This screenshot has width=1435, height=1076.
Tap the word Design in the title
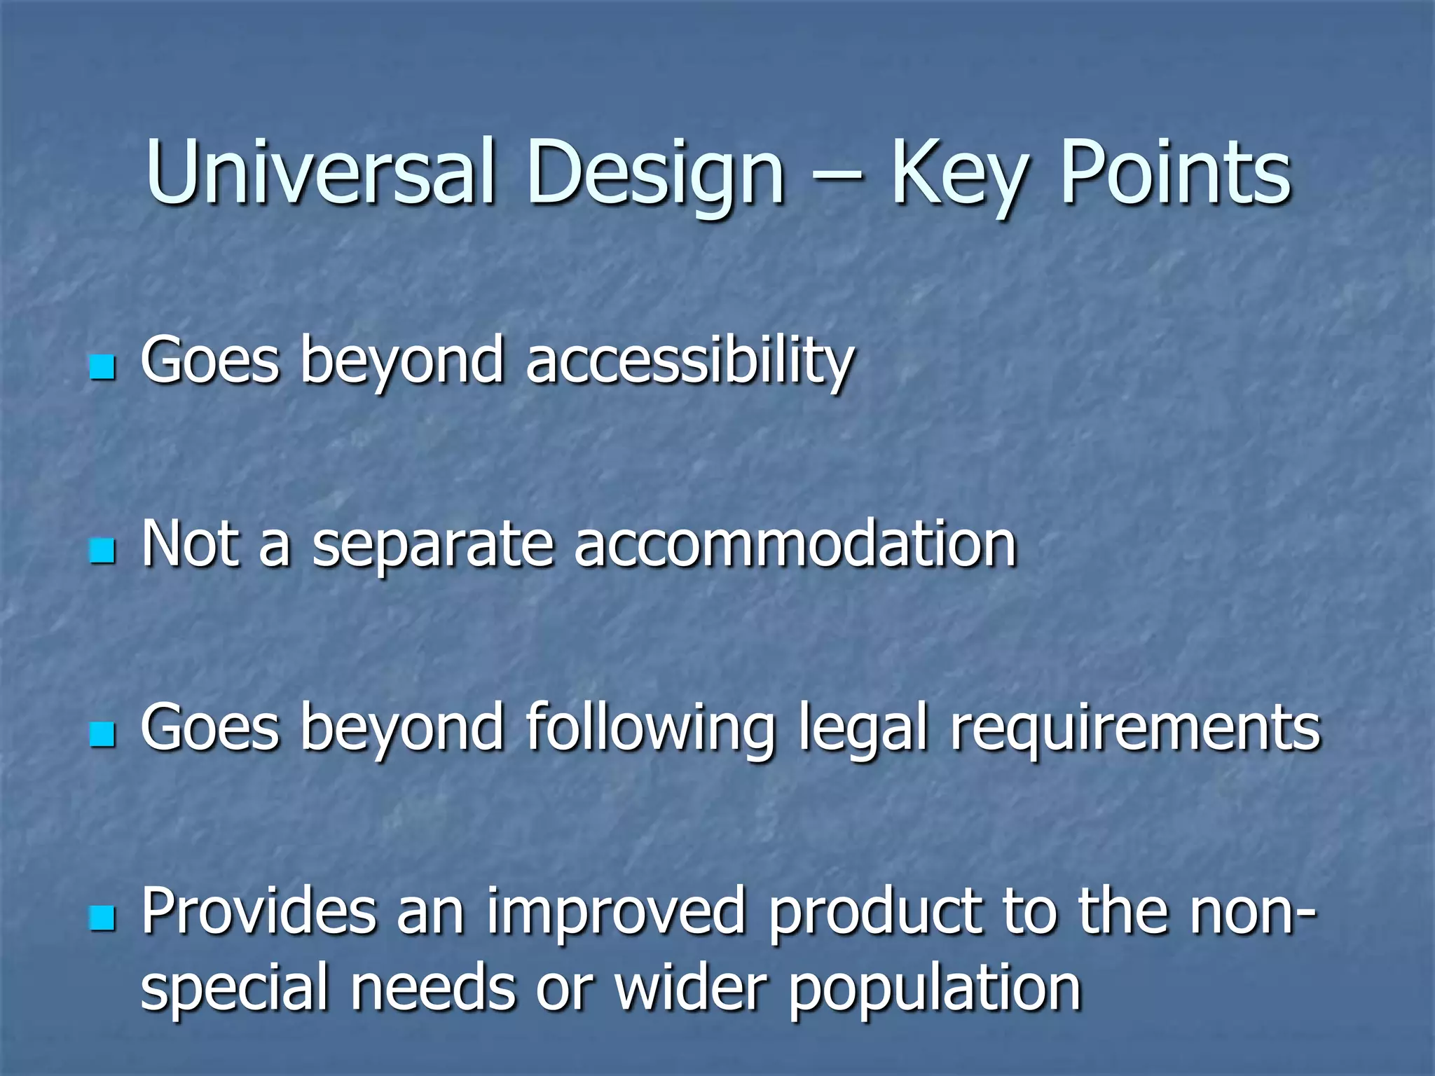point(654,172)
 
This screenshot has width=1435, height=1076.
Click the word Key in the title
point(957,172)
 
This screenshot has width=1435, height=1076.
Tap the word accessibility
point(689,361)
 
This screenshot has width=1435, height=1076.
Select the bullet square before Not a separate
point(102,551)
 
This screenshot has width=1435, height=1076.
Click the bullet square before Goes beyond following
point(102,734)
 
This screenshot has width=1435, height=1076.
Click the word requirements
point(1135,729)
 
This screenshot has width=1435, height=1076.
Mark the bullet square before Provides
point(102,918)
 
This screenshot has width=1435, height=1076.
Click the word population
point(935,989)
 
